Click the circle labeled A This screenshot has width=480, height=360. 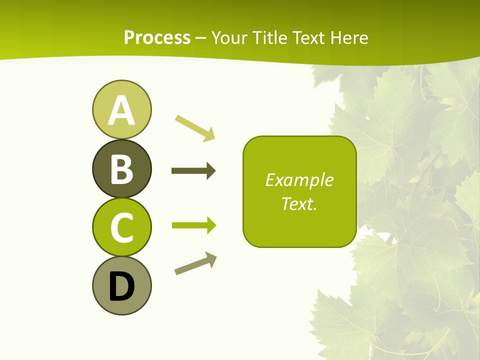[121, 109]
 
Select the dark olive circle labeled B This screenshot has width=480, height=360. [121, 168]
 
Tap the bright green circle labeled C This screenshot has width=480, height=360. [121, 227]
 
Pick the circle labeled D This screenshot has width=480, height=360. [121, 285]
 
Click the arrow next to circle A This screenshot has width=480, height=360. [194, 127]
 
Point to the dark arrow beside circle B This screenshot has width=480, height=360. [193, 171]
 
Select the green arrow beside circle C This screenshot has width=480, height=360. [193, 225]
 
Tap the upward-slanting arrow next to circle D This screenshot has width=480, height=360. [195, 263]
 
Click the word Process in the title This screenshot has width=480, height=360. [157, 37]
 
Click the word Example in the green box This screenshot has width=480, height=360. [299, 180]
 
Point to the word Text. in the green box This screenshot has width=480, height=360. [299, 203]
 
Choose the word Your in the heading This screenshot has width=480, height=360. [230, 37]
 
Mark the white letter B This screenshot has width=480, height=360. [121, 169]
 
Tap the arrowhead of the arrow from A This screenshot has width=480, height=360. [210, 134]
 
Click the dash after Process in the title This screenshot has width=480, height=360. [201, 38]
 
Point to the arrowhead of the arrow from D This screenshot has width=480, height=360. [211, 259]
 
